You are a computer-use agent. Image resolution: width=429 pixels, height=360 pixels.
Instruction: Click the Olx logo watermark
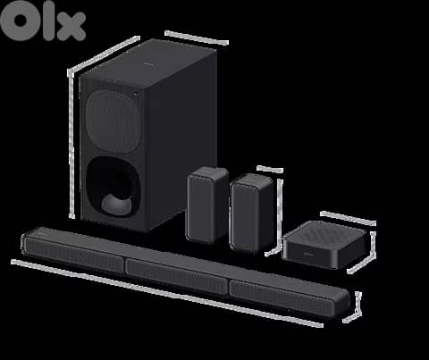click(43, 22)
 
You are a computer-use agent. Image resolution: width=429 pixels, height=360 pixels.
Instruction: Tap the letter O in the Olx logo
click(19, 22)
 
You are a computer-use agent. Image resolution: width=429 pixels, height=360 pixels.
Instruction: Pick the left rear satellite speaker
click(206, 205)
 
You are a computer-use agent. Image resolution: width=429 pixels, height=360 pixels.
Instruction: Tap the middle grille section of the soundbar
click(176, 272)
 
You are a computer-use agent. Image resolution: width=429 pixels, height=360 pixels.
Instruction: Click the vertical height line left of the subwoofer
click(71, 147)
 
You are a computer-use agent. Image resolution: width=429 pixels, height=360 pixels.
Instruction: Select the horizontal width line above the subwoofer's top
click(197, 38)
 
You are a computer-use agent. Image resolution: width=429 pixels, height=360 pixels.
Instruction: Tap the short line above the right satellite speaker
click(269, 167)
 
